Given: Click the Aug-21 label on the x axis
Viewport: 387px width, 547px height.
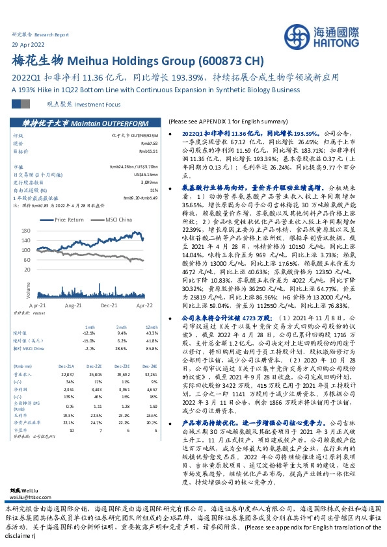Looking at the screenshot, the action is pyautogui.click(x=73, y=304).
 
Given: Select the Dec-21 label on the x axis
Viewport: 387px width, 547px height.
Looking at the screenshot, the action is pyautogui.click(x=109, y=304).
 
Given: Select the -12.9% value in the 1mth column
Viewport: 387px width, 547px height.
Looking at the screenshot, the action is pyautogui.click(x=90, y=333).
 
